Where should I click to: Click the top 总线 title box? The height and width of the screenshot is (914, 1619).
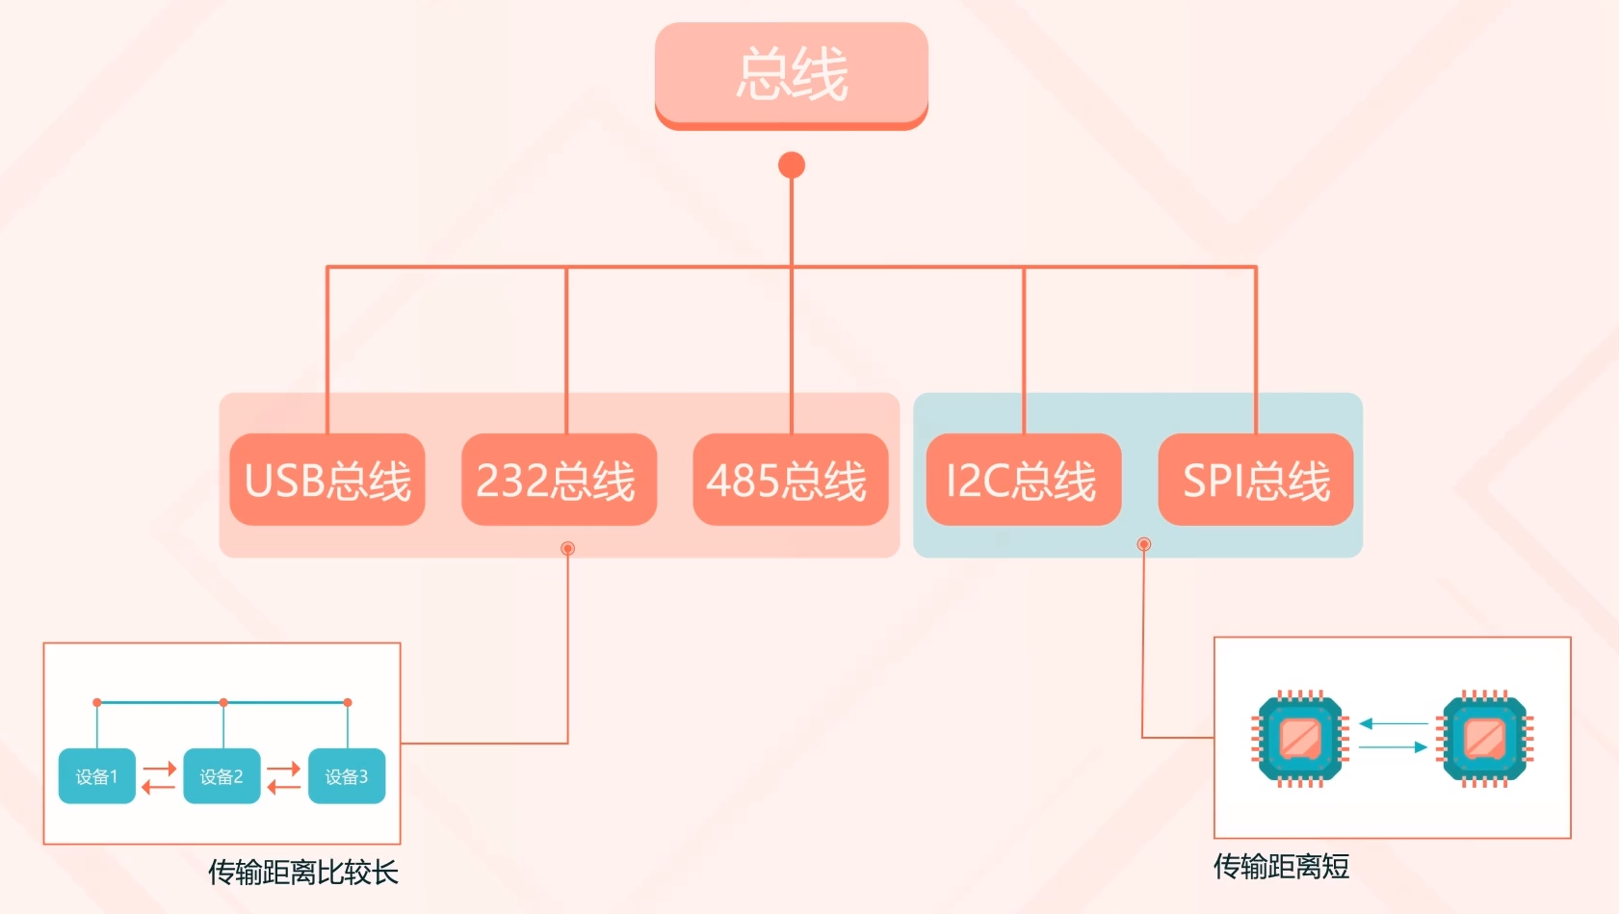(792, 76)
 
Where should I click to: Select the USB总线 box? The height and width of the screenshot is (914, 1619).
(327, 480)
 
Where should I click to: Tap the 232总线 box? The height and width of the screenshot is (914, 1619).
(559, 480)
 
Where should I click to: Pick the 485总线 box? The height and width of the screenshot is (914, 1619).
(791, 480)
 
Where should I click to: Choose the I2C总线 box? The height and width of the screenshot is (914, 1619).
(1024, 480)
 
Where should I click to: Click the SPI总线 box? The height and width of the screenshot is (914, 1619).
(1256, 480)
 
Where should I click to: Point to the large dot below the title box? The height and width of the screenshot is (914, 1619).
(792, 165)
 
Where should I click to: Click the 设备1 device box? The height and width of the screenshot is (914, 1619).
(97, 776)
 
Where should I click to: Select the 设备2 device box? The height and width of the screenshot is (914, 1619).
(222, 776)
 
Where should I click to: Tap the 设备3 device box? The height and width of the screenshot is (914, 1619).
(347, 776)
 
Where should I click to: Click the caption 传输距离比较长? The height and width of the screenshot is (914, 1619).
(302, 872)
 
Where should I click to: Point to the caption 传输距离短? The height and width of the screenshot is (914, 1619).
(1281, 866)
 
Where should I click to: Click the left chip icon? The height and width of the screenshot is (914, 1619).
(1300, 739)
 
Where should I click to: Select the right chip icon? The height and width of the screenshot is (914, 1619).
(1484, 739)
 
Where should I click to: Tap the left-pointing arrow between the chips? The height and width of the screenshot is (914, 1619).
(1394, 723)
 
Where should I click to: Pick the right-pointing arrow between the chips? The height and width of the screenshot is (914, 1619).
(1394, 747)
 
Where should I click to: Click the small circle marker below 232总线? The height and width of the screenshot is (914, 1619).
(568, 548)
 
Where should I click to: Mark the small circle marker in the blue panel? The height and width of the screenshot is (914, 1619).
(1143, 544)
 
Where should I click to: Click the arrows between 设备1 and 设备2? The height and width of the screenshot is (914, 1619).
(159, 777)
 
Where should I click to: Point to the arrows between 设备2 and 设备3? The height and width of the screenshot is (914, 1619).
(284, 777)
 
